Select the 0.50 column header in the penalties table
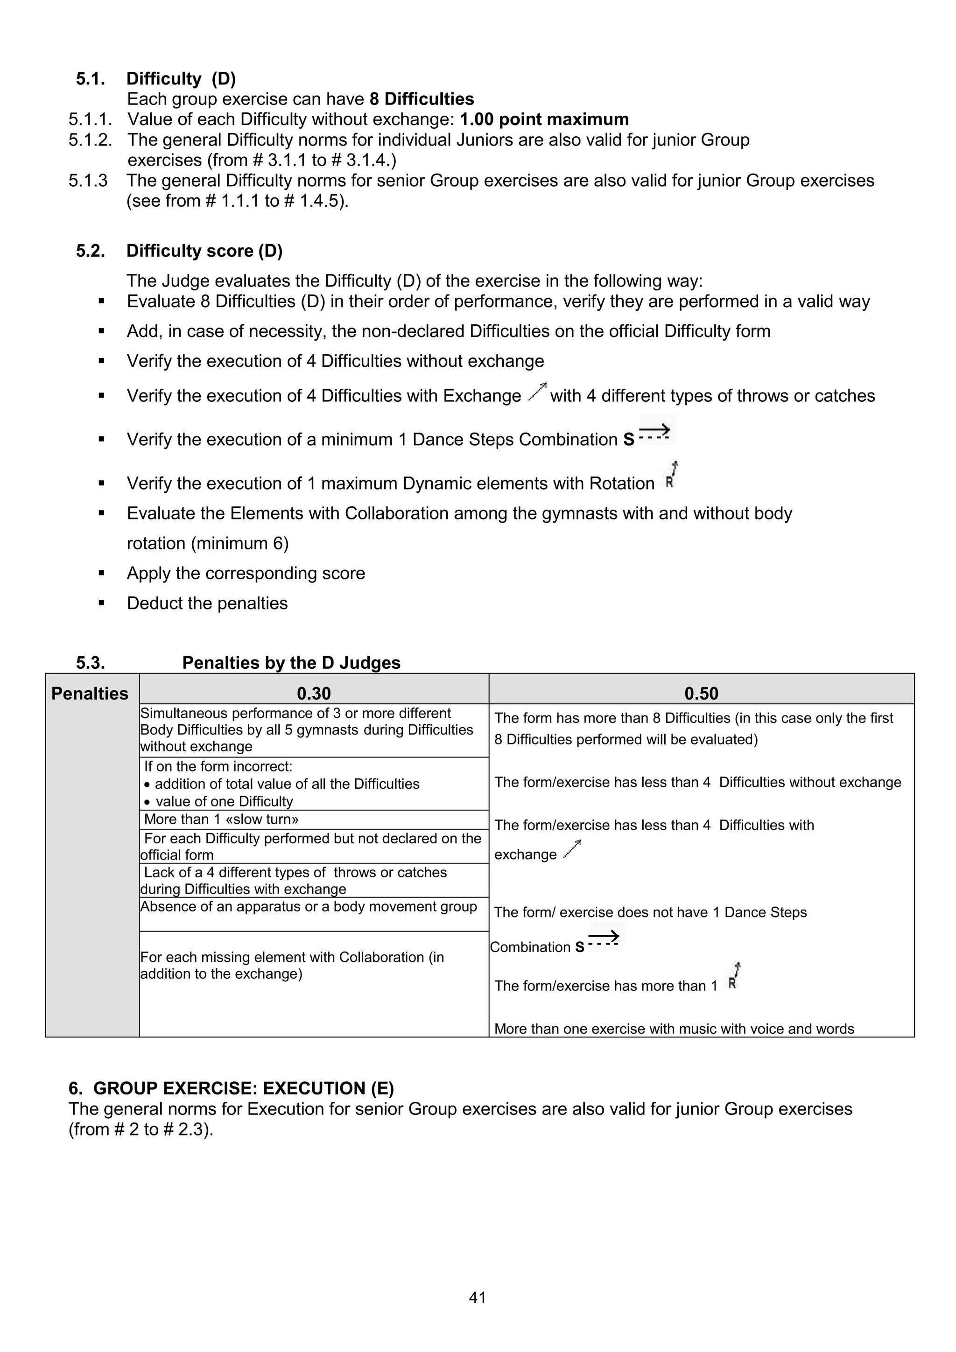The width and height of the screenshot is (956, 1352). (701, 693)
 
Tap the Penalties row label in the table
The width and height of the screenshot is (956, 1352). (90, 693)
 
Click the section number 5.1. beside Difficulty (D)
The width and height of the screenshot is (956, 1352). (90, 78)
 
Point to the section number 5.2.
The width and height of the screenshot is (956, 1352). (90, 251)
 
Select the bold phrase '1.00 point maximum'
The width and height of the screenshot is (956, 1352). (544, 119)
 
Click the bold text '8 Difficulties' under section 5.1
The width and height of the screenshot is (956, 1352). (422, 99)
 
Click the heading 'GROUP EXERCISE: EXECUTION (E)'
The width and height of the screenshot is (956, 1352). (243, 1088)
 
